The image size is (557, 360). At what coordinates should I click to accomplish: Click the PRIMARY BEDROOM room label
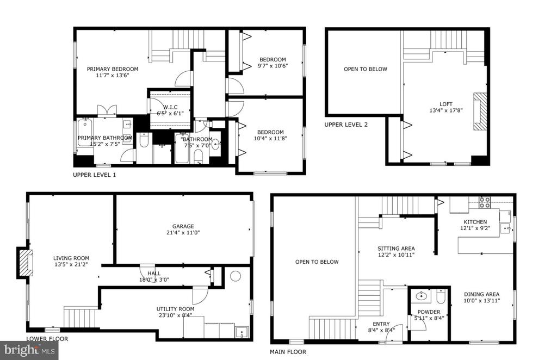(113, 69)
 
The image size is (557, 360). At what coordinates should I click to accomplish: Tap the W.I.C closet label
(170, 107)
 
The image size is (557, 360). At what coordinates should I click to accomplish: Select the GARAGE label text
(183, 226)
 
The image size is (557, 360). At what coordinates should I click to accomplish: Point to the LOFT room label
(446, 104)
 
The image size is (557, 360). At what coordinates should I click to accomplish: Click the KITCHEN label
(475, 222)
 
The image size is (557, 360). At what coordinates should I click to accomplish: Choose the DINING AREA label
(482, 294)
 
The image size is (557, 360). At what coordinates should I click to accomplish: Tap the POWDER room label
(429, 312)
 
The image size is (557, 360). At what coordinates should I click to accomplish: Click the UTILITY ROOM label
(176, 309)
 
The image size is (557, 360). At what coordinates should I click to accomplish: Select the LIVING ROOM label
(71, 258)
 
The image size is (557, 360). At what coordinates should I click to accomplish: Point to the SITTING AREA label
(396, 249)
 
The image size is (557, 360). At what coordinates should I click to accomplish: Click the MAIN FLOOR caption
(288, 352)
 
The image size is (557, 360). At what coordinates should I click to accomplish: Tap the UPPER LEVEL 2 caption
(346, 125)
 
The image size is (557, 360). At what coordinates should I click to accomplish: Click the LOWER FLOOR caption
(47, 339)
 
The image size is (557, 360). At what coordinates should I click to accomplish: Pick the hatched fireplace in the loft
(480, 112)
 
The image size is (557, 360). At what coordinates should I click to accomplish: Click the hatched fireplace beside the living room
(25, 263)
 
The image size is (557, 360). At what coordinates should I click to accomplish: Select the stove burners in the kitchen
(485, 202)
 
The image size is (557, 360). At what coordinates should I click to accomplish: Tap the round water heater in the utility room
(236, 276)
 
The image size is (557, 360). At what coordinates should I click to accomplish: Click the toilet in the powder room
(441, 297)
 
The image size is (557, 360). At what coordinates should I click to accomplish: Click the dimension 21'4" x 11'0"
(183, 233)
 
